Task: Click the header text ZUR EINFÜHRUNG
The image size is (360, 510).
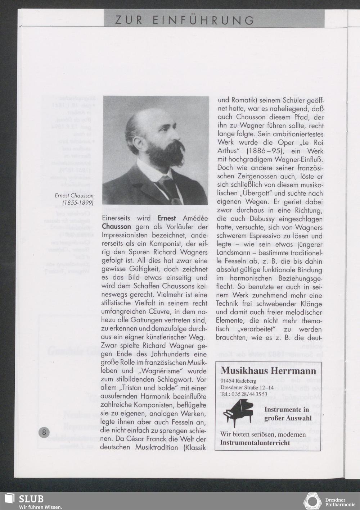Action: pos(184,20)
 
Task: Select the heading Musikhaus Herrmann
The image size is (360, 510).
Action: pos(268,371)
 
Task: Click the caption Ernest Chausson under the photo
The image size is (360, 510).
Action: pos(74,196)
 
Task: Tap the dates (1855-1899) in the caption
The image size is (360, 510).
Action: pos(78,203)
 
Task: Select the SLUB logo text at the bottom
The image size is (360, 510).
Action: pos(31,499)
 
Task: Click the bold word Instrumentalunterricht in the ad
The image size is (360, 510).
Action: pos(255,442)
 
